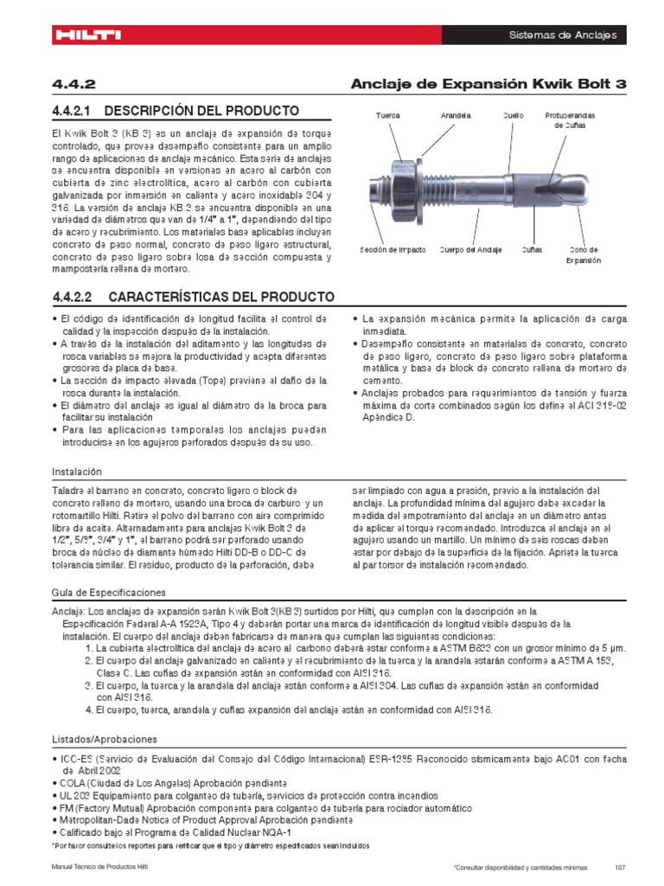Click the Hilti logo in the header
point(87,35)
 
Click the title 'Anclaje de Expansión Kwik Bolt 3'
point(488,83)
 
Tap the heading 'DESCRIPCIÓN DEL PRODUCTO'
point(191,111)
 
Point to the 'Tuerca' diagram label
point(387,115)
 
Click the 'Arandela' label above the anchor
point(455,115)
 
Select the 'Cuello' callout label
point(514,115)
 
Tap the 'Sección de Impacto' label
point(393,250)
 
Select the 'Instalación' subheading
point(77,472)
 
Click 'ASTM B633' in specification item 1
point(456,648)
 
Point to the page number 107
point(619,868)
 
